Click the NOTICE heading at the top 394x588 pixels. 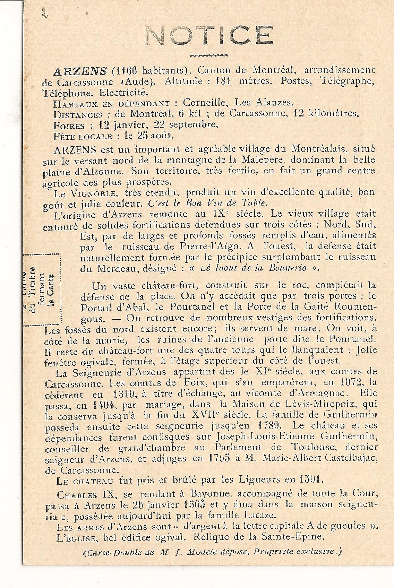tap(208, 36)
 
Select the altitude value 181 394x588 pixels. tap(226, 82)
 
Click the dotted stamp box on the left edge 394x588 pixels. tap(42, 289)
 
